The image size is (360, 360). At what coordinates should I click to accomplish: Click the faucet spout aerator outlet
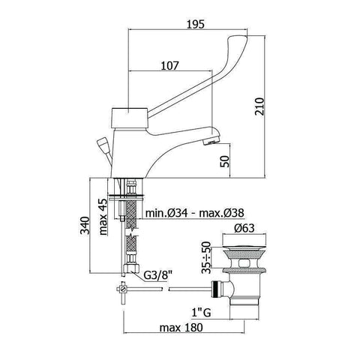[214, 139]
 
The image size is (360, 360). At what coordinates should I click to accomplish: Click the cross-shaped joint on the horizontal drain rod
[120, 287]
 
